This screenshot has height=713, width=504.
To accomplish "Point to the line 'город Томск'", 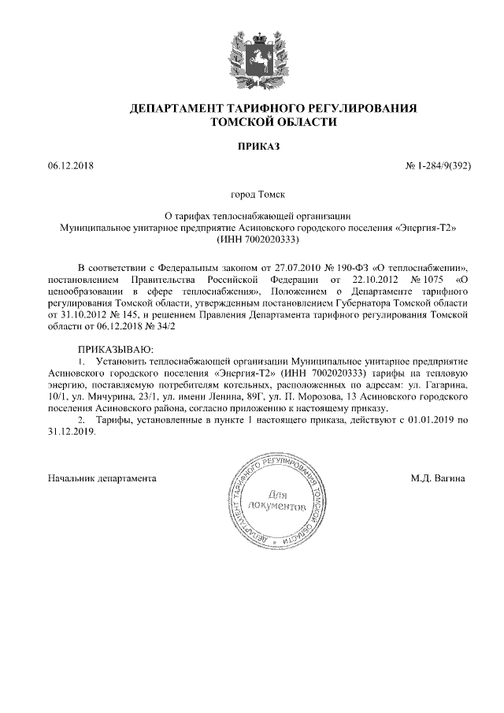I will coord(252,193).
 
